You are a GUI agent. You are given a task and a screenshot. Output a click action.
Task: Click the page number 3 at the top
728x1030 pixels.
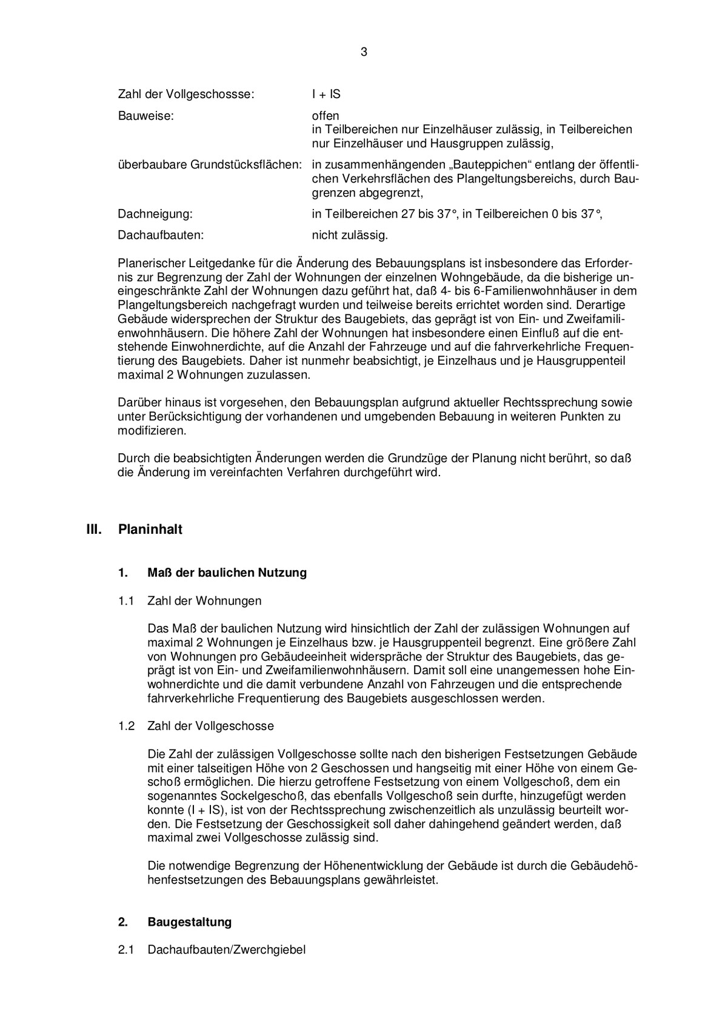pyautogui.click(x=364, y=52)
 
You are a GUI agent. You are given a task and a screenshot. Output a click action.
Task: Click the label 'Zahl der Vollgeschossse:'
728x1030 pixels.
pyautogui.click(x=186, y=95)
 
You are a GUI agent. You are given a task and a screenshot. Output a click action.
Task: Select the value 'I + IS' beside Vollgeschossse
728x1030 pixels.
pyautogui.click(x=326, y=95)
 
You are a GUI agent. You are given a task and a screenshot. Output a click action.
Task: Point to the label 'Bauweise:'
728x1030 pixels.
pyautogui.click(x=145, y=115)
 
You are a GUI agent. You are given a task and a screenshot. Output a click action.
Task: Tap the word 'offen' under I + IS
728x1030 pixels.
pyautogui.click(x=326, y=115)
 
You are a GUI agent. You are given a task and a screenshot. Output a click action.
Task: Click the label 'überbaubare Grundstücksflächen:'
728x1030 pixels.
pyautogui.click(x=210, y=165)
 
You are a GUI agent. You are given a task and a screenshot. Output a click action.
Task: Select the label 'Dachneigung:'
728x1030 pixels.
pyautogui.click(x=155, y=214)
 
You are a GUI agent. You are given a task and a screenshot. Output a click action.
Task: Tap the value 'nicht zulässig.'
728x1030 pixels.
pyautogui.click(x=350, y=234)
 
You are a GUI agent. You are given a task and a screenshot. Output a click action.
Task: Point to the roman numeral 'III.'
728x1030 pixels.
pyautogui.click(x=94, y=530)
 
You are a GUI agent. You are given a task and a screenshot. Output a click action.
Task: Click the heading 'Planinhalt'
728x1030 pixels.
pyautogui.click(x=150, y=530)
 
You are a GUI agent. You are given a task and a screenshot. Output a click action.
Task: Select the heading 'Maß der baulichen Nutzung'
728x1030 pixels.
pyautogui.click(x=227, y=573)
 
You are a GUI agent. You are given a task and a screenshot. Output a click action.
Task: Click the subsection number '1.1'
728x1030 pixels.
pyautogui.click(x=125, y=601)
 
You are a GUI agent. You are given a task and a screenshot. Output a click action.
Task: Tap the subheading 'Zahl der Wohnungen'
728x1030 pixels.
pyautogui.click(x=204, y=601)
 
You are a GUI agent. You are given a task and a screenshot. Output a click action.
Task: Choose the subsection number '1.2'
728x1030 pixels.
pyautogui.click(x=125, y=726)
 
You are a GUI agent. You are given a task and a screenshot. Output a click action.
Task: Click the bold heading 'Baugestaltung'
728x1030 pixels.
pyautogui.click(x=189, y=922)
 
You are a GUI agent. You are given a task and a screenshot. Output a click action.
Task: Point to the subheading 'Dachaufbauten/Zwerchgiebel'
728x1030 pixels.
pyautogui.click(x=226, y=950)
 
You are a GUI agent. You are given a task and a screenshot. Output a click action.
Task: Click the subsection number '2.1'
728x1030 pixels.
pyautogui.click(x=125, y=950)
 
